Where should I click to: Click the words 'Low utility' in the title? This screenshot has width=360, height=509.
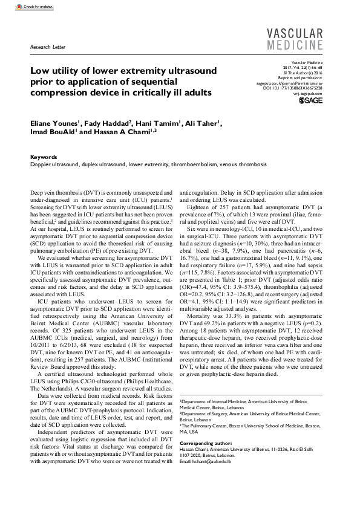coord(54,70)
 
